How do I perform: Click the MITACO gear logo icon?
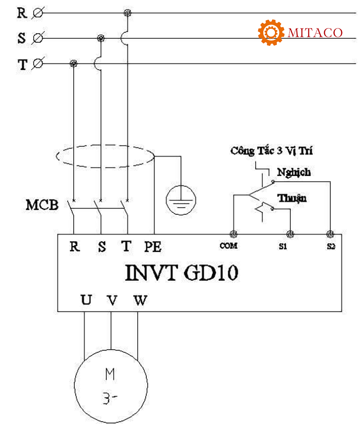point(271,32)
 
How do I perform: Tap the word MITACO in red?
point(315,33)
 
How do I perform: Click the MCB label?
point(42,205)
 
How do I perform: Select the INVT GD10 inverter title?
point(182,272)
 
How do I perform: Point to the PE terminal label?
point(153,246)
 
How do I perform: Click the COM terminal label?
point(229,246)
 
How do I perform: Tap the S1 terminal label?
point(283,246)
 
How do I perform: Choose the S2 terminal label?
point(331,246)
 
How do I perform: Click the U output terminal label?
point(86,300)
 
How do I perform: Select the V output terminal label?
point(112,300)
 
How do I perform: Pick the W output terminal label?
point(140,300)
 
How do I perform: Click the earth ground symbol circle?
point(181,200)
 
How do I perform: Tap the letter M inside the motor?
point(110,374)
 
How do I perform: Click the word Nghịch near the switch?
point(294,172)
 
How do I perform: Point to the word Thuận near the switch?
point(292,198)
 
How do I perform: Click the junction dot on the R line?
point(127,13)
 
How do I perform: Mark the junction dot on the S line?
point(100,38)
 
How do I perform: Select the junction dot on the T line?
point(73,63)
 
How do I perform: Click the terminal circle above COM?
point(233,234)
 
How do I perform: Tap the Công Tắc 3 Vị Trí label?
point(271,151)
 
